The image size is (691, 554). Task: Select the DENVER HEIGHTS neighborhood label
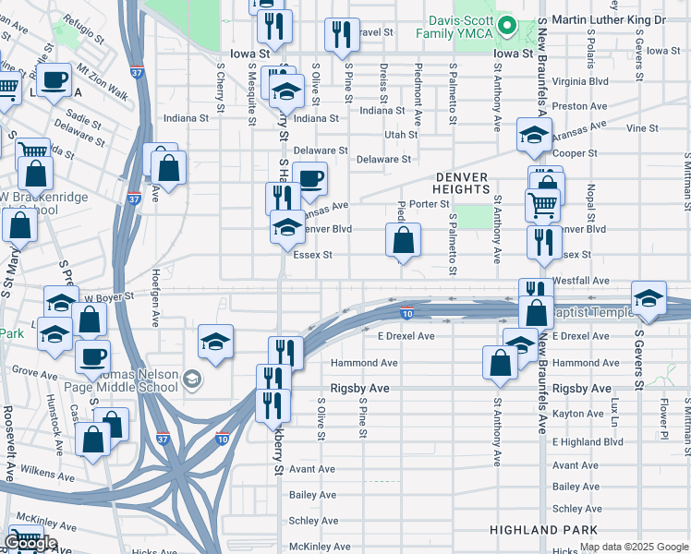[460, 182]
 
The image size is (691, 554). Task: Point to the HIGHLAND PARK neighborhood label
[544, 530]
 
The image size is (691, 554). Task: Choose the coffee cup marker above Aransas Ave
[309, 178]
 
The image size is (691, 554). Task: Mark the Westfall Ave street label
[581, 280]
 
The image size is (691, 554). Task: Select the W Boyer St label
[109, 298]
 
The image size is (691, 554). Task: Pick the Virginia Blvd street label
[579, 81]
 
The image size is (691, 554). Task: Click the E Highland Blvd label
[588, 442]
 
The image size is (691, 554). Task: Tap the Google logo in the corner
[30, 544]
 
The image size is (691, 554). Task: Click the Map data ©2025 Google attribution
[635, 548]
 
